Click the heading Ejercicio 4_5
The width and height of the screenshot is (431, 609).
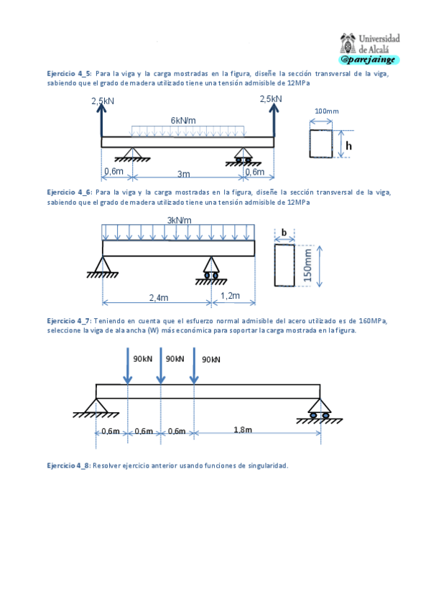click(x=69, y=73)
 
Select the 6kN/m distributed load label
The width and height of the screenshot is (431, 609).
click(x=183, y=120)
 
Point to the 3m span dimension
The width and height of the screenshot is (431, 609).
click(x=185, y=173)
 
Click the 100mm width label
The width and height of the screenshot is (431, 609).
click(x=326, y=111)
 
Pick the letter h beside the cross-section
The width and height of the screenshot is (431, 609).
click(x=349, y=146)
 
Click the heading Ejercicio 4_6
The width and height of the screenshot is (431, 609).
click(x=69, y=192)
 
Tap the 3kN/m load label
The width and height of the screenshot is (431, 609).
click(x=179, y=220)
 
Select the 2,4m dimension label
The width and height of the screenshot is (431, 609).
click(x=159, y=297)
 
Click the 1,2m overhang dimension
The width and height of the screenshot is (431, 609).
click(x=230, y=295)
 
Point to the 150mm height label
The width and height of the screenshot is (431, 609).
click(x=307, y=265)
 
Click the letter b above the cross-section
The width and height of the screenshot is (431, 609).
click(x=284, y=232)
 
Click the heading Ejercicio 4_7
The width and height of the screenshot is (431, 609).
click(x=69, y=321)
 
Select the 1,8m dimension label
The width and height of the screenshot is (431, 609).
click(x=243, y=429)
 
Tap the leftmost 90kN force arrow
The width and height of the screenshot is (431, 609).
click(x=127, y=366)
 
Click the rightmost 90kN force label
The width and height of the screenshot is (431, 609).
click(x=212, y=359)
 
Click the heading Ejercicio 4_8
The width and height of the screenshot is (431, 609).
click(x=69, y=465)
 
